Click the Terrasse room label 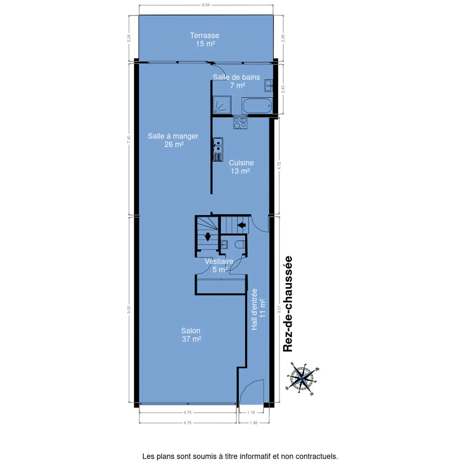204,39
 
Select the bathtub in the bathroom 257,106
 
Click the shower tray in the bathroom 222,105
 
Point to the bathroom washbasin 269,86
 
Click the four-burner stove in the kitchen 240,123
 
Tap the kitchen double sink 218,150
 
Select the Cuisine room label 241,167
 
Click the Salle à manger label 173,140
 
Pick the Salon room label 191,335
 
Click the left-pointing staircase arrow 242,225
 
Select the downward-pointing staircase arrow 208,237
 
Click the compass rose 303,379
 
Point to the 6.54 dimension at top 206,5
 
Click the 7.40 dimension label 129,139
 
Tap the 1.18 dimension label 251,412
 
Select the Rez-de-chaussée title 287,304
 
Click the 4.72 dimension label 279,166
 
